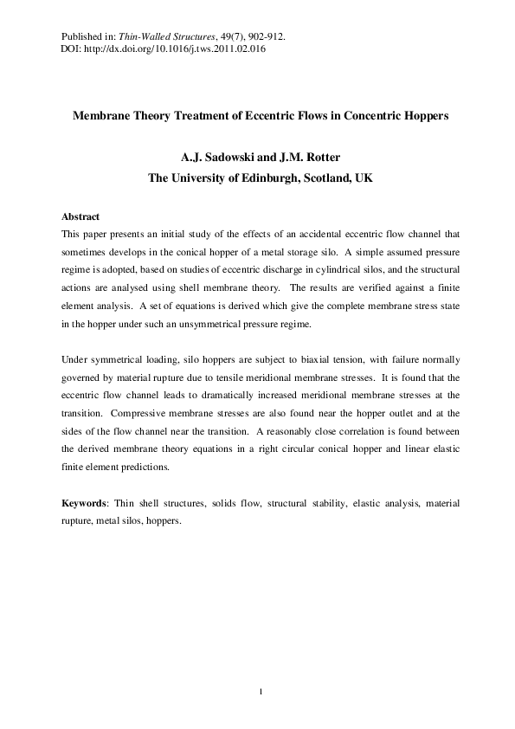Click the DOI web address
point(173,49)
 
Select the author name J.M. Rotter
point(307,158)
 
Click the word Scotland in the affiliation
point(317,178)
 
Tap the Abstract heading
point(80,216)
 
